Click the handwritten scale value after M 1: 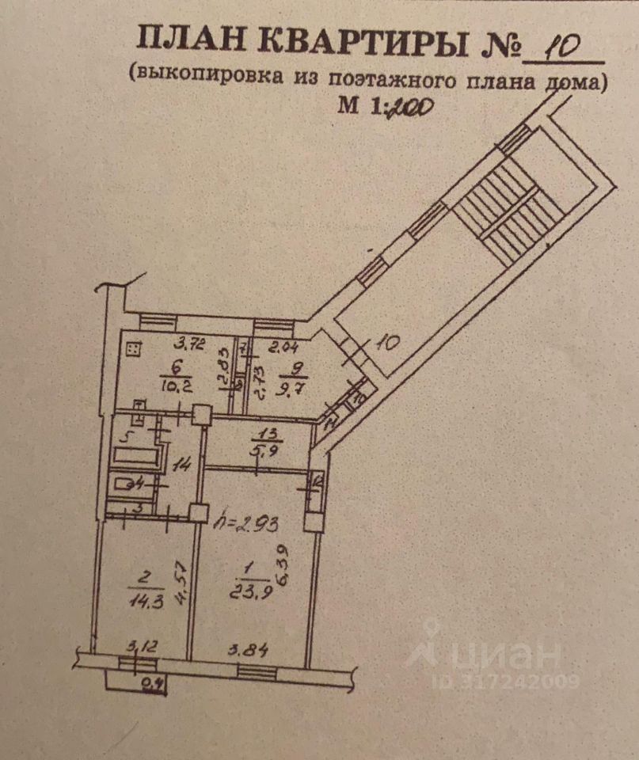tap(408, 107)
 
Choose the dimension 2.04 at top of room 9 tap(284, 345)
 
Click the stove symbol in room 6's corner tap(133, 347)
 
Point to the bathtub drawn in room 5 tap(137, 456)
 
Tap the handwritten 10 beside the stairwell tap(388, 344)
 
